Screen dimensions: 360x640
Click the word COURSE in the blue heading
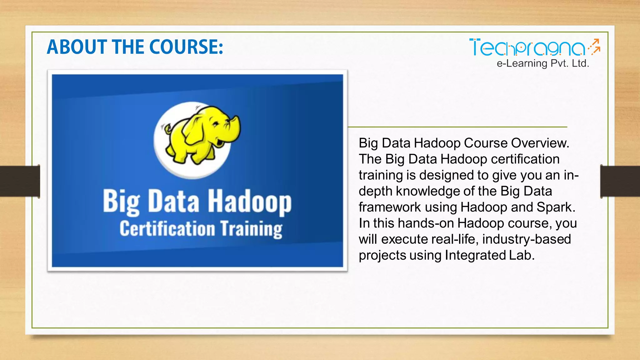click(x=186, y=47)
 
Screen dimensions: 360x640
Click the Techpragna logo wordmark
click(x=527, y=48)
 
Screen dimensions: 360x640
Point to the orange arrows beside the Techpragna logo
click(x=594, y=47)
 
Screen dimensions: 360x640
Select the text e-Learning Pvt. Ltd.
click(x=543, y=63)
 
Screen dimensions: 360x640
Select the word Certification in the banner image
click(x=167, y=228)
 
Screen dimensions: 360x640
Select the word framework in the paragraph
click(x=390, y=207)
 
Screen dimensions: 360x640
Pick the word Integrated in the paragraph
click(x=475, y=255)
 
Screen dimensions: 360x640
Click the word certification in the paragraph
click(x=525, y=159)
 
